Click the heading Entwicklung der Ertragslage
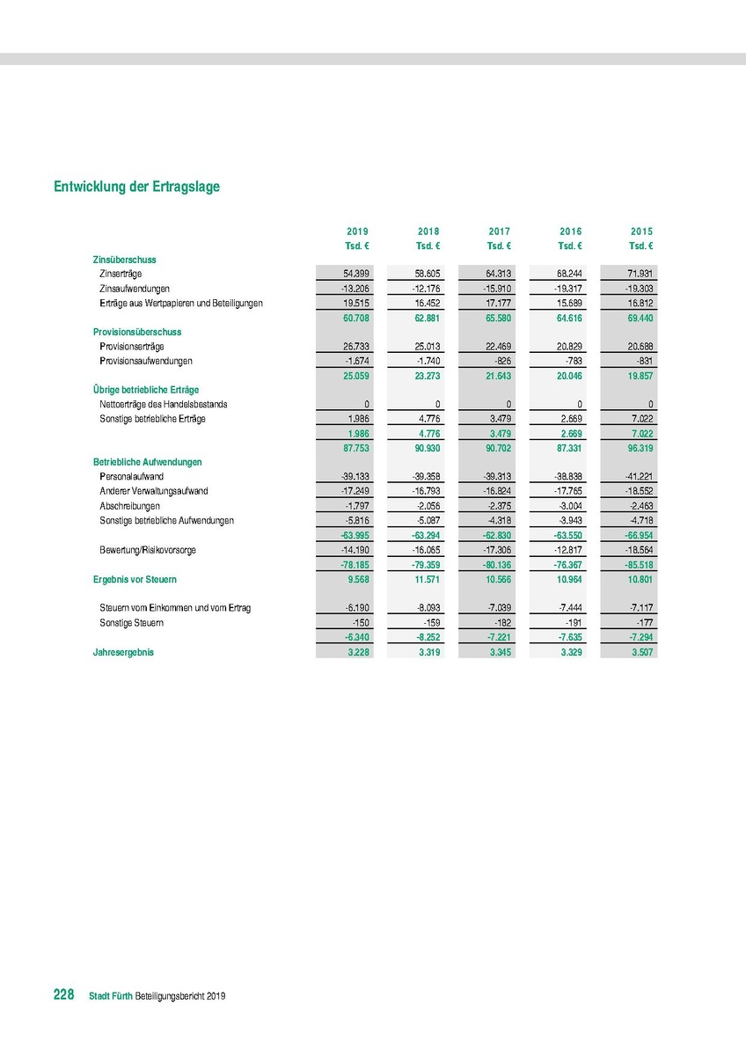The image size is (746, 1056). click(136, 187)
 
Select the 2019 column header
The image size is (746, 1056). click(357, 231)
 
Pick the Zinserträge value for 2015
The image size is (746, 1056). click(637, 275)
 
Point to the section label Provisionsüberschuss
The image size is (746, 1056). click(137, 332)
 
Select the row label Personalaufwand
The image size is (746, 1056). click(132, 476)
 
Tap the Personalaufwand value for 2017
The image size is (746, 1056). click(497, 476)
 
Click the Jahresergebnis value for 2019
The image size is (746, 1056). click(357, 652)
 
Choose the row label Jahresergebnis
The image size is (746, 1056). click(123, 652)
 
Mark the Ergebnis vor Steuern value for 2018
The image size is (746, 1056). click(427, 580)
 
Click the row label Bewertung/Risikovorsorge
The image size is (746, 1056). click(148, 549)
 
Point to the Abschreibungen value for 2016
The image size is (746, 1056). click(567, 506)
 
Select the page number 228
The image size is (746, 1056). click(63, 994)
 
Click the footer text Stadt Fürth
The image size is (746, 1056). click(111, 996)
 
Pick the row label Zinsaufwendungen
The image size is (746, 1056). click(135, 289)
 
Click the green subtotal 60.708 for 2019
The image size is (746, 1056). click(355, 318)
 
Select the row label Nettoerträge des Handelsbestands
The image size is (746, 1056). click(164, 404)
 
